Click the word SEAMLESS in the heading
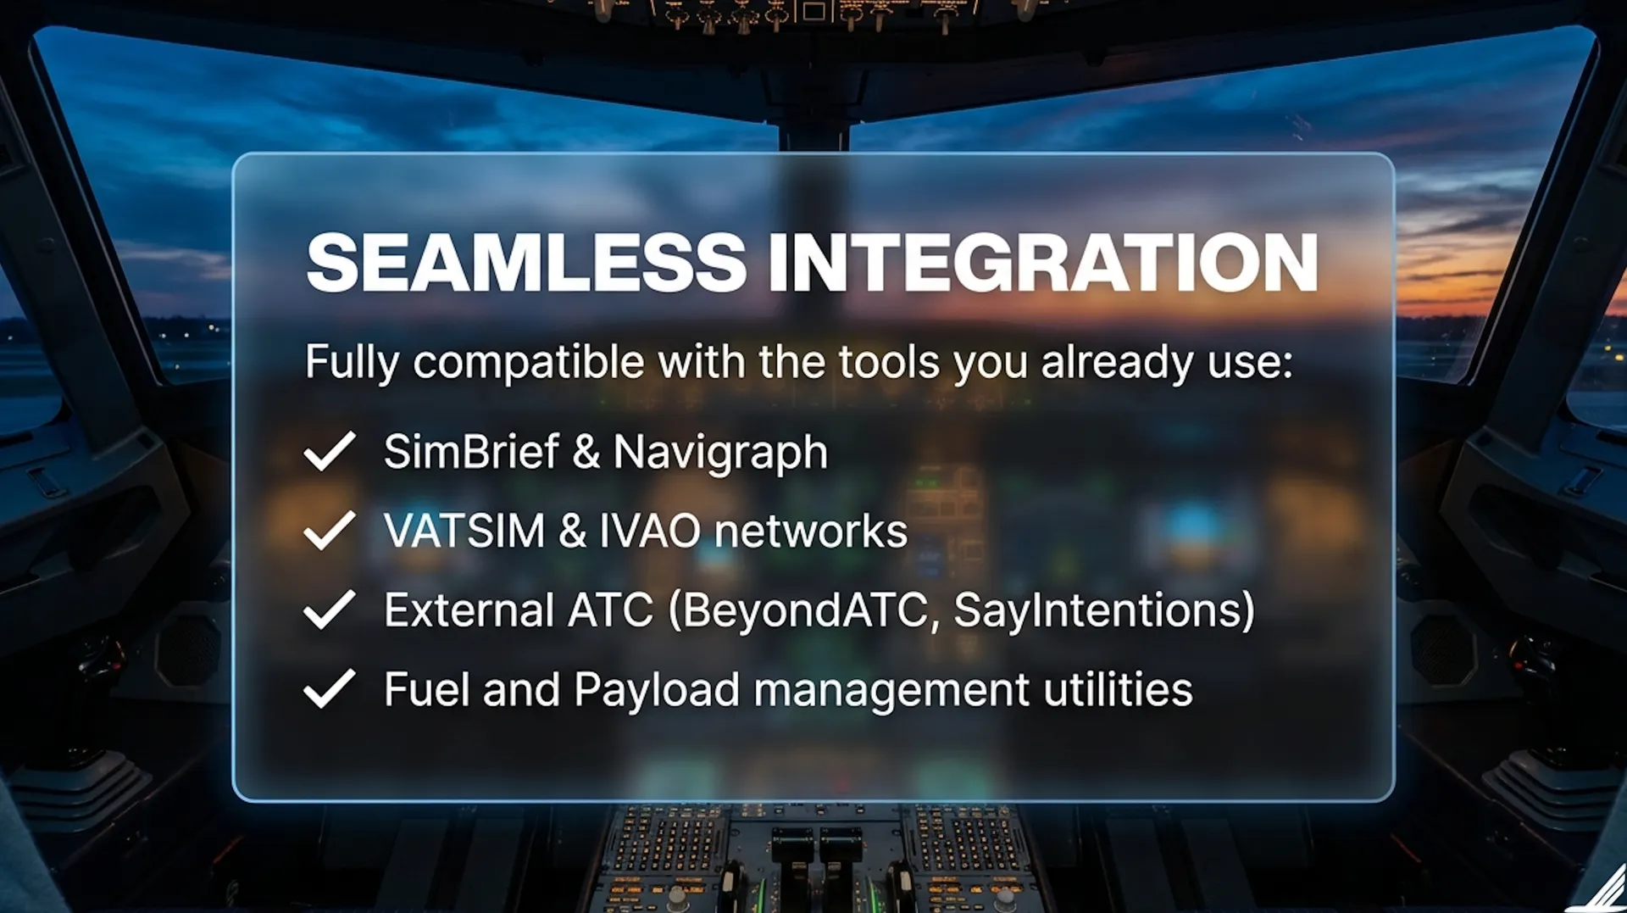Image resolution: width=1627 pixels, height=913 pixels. [526, 263]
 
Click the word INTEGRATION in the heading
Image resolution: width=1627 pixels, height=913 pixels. [1043, 263]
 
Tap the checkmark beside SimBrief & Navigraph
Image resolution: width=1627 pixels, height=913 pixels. [330, 451]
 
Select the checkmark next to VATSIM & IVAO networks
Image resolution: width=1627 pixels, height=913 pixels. [330, 531]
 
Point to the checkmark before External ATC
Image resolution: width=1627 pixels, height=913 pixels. [330, 610]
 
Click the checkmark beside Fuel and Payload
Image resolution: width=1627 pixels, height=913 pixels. [330, 688]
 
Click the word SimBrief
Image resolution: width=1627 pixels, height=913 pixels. [471, 451]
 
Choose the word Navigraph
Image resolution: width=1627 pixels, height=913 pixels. [720, 453]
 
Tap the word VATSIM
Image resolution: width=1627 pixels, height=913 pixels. [464, 532]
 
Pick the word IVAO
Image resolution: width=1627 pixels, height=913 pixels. [651, 532]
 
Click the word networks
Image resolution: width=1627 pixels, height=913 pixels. [811, 532]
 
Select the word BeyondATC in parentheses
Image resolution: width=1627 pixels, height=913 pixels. [805, 611]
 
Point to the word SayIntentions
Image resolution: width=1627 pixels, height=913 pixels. [1095, 611]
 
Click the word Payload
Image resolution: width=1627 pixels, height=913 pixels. [657, 690]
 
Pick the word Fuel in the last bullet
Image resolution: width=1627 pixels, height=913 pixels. [426, 689]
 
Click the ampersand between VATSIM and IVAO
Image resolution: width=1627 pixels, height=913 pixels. [572, 532]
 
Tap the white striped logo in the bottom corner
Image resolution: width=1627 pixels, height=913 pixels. [1602, 890]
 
